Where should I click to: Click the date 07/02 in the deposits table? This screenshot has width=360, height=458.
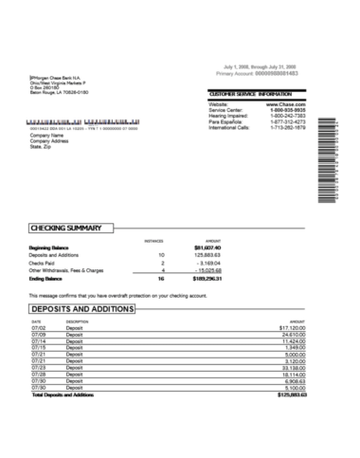coord(38,328)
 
